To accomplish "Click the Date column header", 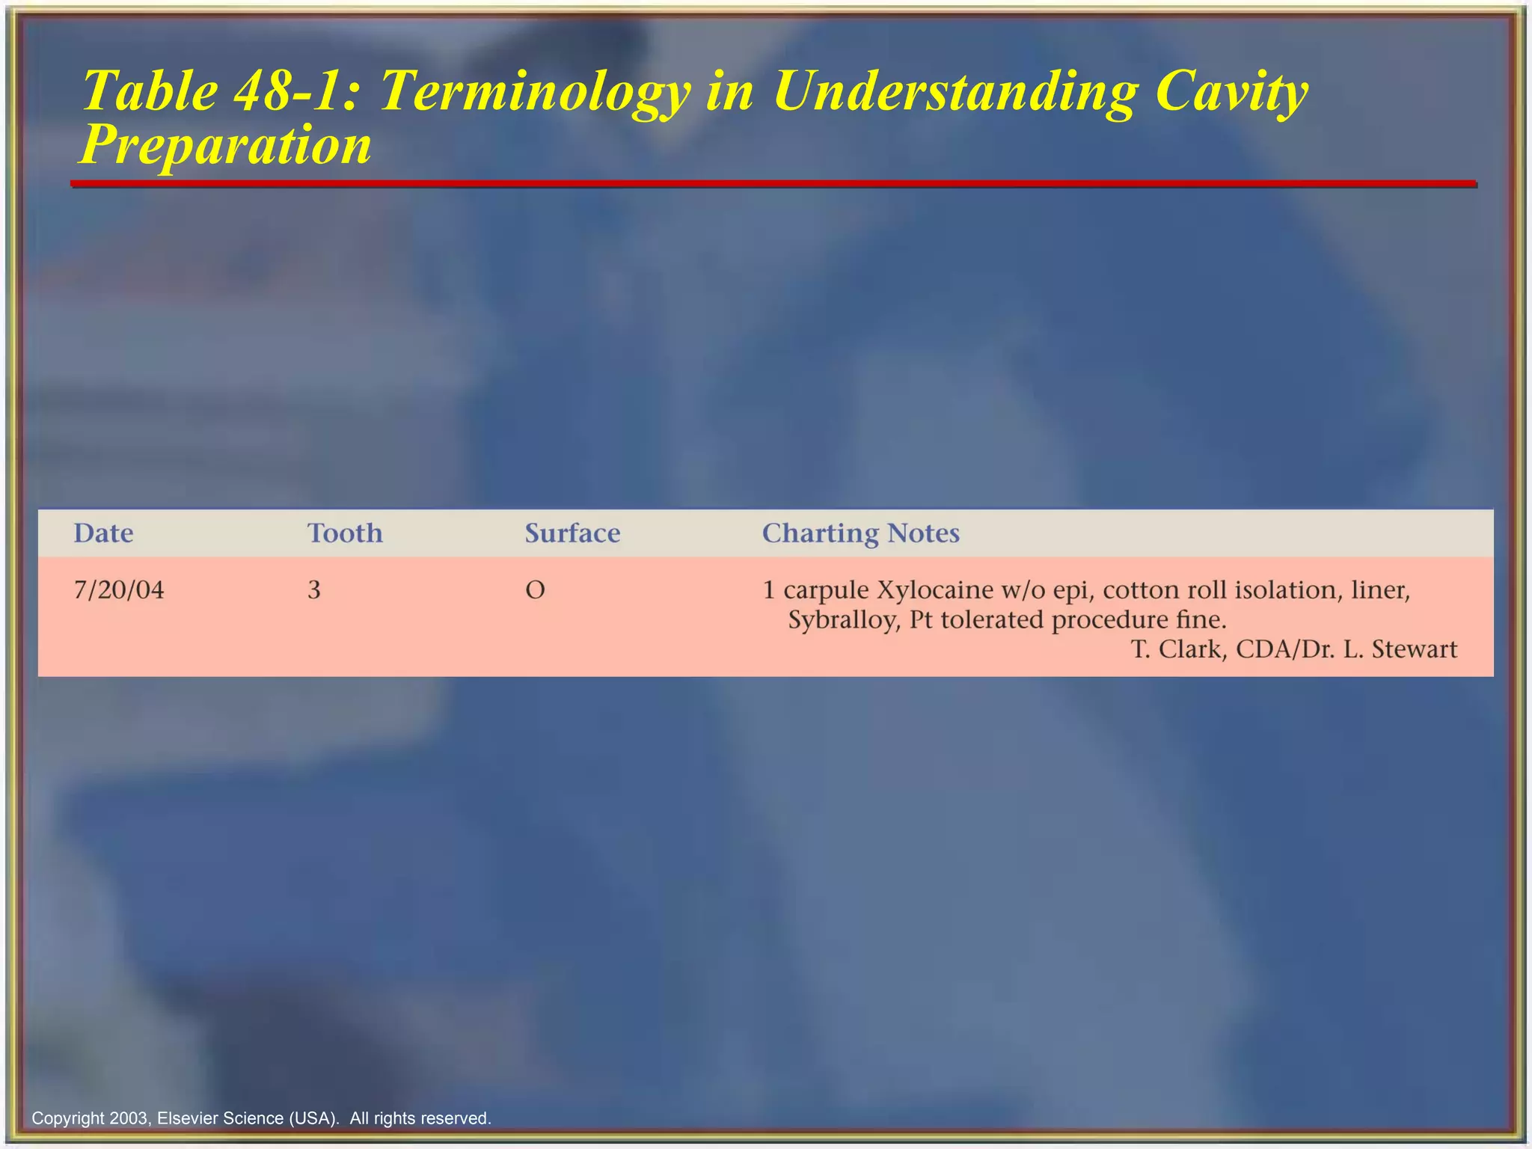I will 103,533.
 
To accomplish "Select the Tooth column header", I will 345,533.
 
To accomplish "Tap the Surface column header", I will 572,533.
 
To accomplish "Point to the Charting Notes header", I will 860,533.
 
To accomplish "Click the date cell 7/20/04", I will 119,590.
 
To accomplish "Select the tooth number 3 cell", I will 314,590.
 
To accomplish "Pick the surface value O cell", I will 535,590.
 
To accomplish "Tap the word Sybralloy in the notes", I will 844,620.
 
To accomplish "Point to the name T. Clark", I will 1177,649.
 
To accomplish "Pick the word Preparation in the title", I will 225,145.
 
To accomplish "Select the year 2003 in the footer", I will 128,1118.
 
